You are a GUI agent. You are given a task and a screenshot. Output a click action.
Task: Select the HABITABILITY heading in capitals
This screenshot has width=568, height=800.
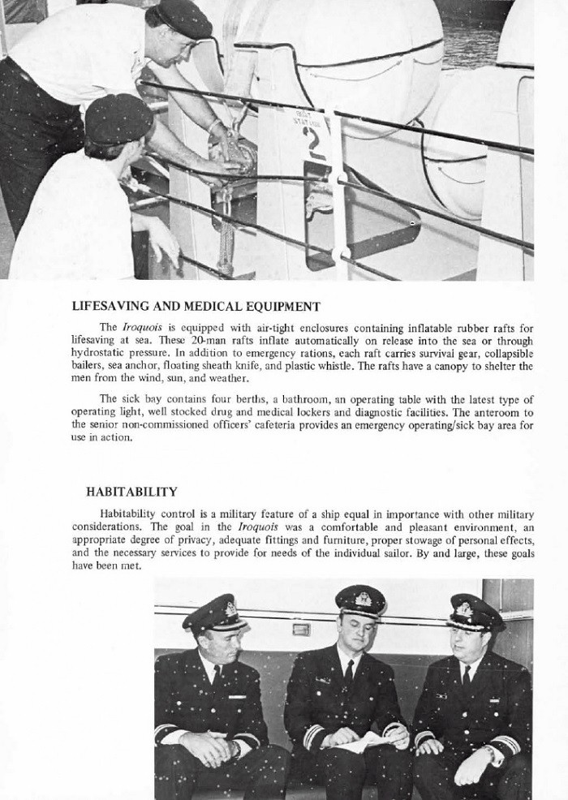131,491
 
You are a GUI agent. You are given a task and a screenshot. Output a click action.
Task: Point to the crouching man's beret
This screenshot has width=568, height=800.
118,118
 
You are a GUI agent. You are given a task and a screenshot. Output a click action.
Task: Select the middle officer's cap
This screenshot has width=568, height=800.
360,601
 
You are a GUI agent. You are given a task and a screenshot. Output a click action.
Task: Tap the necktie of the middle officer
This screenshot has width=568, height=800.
348,673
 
